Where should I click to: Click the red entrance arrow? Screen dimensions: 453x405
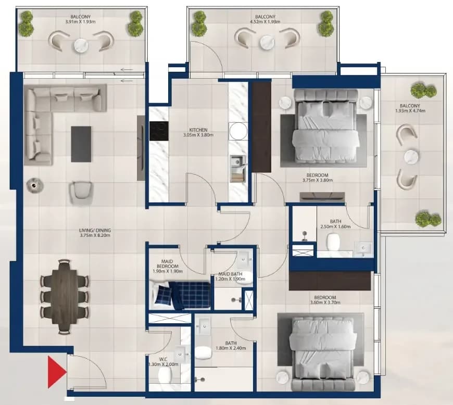56,372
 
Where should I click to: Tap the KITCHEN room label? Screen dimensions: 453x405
198,130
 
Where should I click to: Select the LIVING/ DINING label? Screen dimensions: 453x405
95,231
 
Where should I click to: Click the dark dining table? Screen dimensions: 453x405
65,297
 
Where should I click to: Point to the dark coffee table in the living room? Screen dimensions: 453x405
81,144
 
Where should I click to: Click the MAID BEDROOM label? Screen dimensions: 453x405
168,264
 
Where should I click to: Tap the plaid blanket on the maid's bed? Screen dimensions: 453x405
191,295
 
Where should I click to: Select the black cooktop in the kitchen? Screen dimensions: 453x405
159,131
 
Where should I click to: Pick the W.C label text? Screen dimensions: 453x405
163,359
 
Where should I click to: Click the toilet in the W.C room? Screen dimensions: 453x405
165,375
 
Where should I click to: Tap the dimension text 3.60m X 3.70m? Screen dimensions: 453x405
325,302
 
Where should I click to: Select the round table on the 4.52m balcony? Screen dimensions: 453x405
267,42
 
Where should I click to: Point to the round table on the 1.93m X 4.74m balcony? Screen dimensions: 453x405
411,157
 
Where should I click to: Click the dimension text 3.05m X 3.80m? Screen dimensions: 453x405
198,135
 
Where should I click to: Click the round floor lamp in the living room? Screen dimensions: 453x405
35,185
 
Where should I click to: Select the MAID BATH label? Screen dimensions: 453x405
230,274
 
